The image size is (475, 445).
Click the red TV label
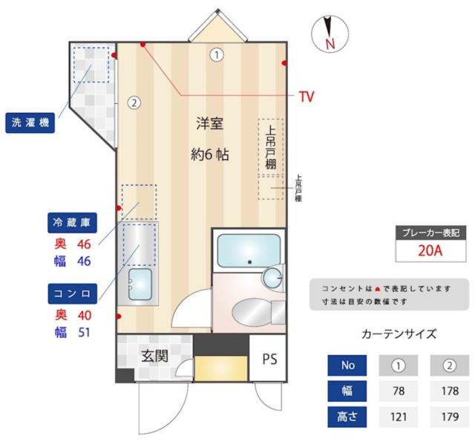pyautogui.click(x=307, y=96)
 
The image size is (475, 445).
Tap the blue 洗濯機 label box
pyautogui.click(x=30, y=123)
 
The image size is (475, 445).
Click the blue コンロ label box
pyautogui.click(x=71, y=293)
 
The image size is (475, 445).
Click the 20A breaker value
pyautogui.click(x=430, y=250)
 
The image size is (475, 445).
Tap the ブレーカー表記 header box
pyautogui.click(x=430, y=232)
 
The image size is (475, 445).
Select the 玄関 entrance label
pyautogui.click(x=154, y=356)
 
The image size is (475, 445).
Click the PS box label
pyautogui.click(x=269, y=359)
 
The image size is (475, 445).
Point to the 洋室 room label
pyautogui.click(x=209, y=125)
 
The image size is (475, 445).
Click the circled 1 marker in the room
pyautogui.click(x=216, y=54)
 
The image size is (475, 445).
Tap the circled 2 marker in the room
pyautogui.click(x=134, y=103)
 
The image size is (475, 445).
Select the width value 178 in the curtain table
pyautogui.click(x=448, y=391)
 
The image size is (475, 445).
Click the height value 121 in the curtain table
pyautogui.click(x=399, y=417)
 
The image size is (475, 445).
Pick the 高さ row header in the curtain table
pyautogui.click(x=348, y=417)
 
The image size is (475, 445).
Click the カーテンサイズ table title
pyautogui.click(x=399, y=334)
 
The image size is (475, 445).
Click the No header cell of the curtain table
pyautogui.click(x=348, y=366)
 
